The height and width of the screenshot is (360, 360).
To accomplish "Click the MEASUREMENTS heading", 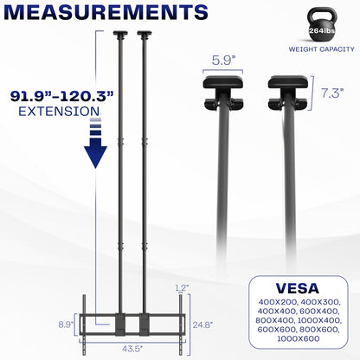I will click(104, 13).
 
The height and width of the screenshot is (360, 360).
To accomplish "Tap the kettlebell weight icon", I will click(318, 31).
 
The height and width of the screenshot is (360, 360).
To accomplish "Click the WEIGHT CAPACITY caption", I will click(318, 62).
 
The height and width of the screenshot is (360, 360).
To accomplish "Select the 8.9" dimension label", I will click(76, 325).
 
